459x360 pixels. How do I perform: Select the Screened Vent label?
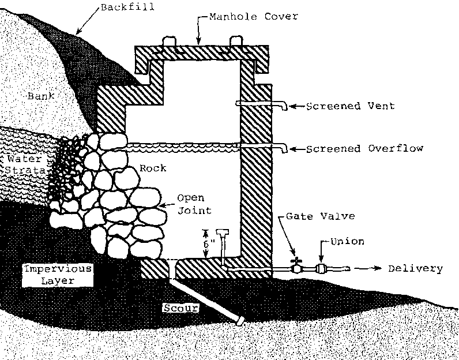350,106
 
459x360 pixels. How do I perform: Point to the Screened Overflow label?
364,148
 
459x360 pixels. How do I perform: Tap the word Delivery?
415,269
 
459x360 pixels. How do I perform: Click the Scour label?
180,308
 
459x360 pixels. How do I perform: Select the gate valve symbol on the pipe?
296,267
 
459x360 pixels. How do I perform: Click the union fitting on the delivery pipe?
320,268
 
